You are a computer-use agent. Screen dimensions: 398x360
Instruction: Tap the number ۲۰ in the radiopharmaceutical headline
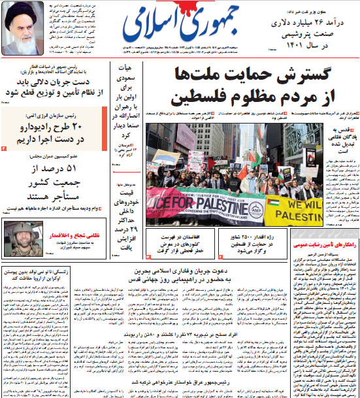tap(85, 126)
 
